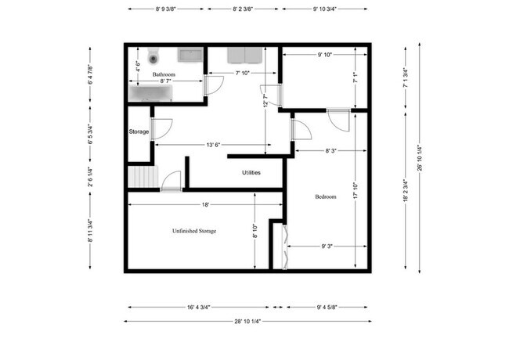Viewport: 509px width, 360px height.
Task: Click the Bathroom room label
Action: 164,74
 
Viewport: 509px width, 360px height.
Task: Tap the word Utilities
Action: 251,173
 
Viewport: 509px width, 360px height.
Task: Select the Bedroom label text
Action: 325,197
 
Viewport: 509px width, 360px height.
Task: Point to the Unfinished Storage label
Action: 193,232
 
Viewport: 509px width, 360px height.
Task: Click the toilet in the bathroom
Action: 153,56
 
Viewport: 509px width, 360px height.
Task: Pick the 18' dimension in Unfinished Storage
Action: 204,204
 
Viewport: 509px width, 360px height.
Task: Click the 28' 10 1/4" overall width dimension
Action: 247,321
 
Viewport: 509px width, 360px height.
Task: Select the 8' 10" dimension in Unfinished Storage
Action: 254,232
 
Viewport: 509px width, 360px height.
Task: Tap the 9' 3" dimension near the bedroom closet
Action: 327,247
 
